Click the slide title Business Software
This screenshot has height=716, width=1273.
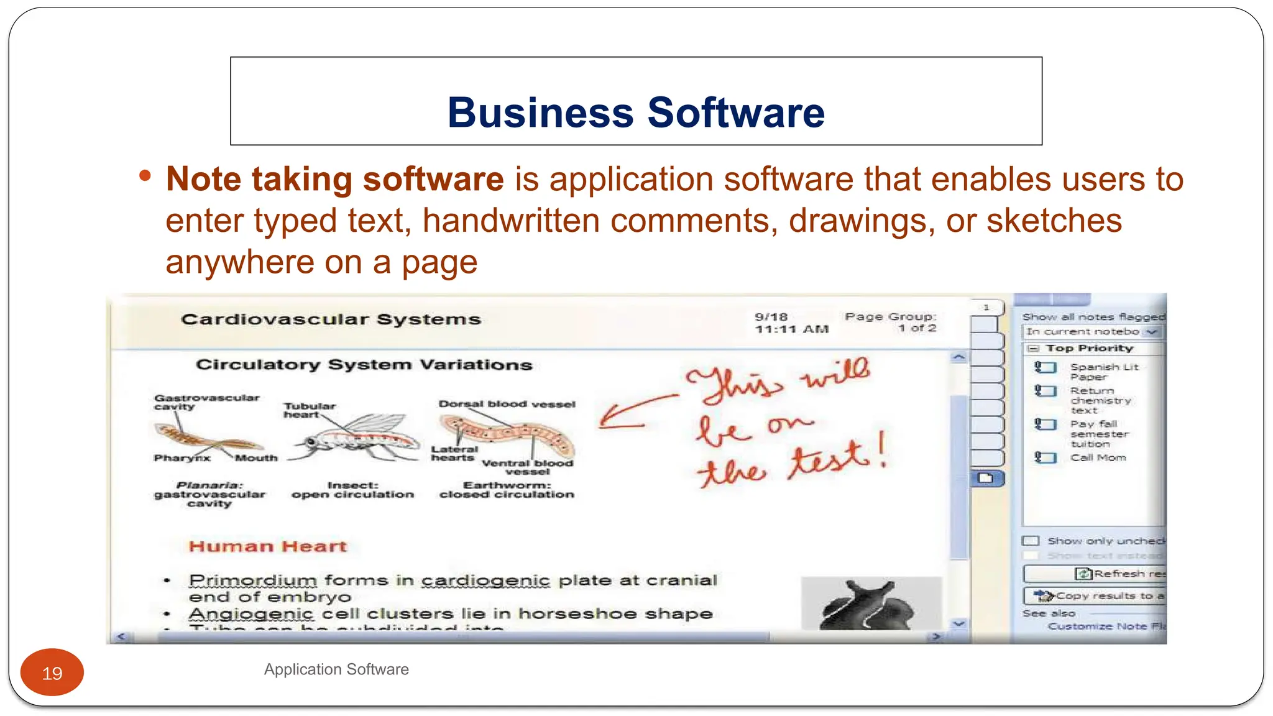point(636,112)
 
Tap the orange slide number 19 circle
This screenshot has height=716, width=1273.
point(52,673)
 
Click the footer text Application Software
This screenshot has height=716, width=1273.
point(336,669)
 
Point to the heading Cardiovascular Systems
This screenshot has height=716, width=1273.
point(331,319)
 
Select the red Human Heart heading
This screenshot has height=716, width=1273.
point(268,546)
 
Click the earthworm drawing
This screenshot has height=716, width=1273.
point(507,435)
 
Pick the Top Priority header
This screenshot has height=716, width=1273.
point(1089,349)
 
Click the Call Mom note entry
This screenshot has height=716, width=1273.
point(1098,458)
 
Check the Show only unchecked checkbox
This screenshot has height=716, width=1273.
point(1031,541)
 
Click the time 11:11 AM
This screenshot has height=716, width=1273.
point(792,329)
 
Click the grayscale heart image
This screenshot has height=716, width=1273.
point(870,604)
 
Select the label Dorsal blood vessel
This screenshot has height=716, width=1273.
point(507,404)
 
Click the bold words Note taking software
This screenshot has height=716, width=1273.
point(335,180)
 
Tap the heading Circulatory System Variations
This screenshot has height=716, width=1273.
point(364,365)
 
